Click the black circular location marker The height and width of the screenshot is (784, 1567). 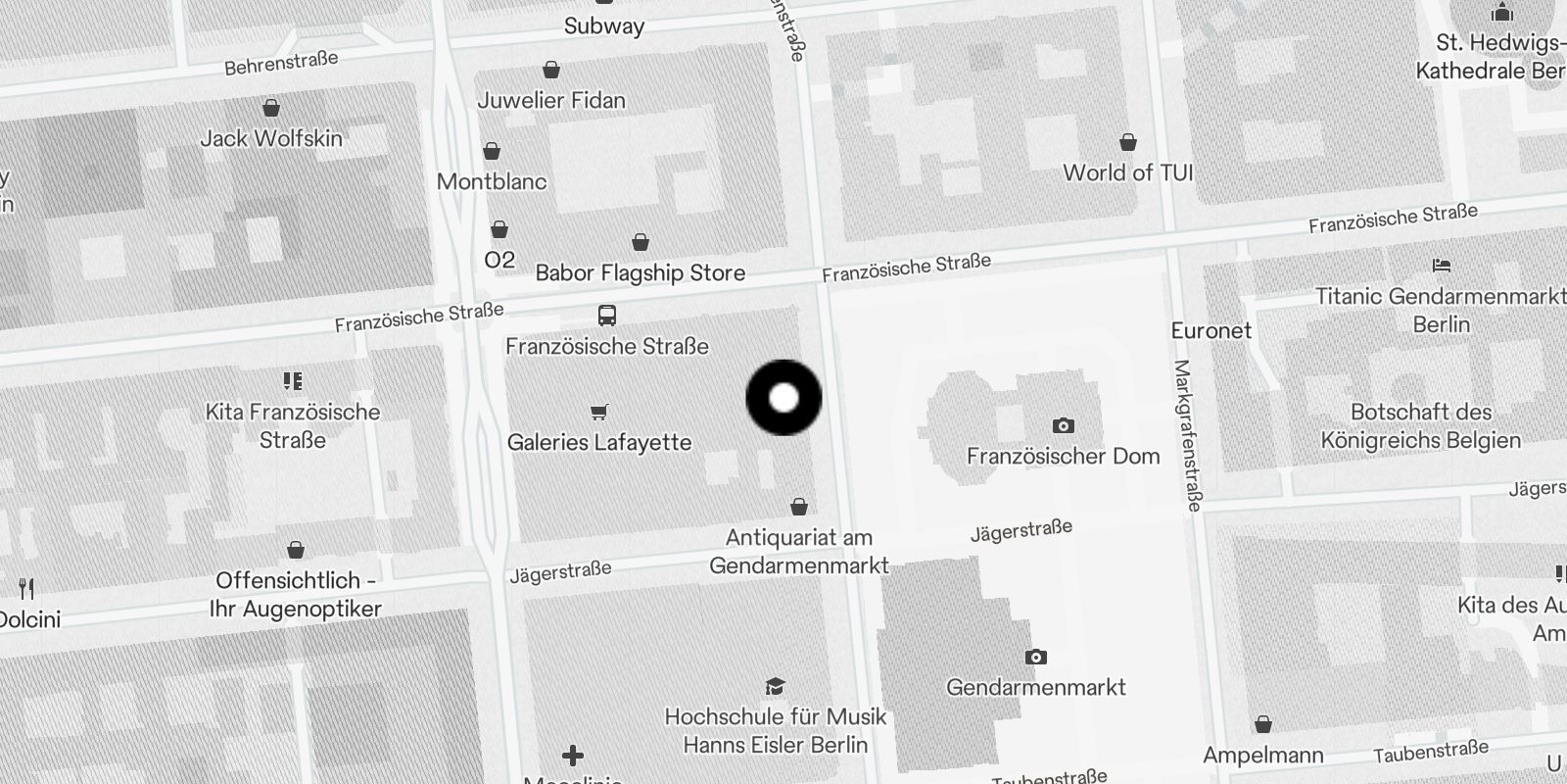[x=783, y=398]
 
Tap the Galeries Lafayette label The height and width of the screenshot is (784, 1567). [x=599, y=443]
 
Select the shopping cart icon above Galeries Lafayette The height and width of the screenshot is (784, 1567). [x=599, y=413]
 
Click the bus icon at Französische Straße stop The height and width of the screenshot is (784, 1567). [x=607, y=316]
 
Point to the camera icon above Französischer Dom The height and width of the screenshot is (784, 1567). [x=1063, y=425]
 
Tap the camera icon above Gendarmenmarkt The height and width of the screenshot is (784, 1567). [x=1035, y=657]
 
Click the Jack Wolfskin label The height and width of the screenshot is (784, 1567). [x=271, y=139]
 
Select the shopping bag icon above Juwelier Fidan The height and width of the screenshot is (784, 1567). [x=551, y=70]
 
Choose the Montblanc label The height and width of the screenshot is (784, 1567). [x=492, y=181]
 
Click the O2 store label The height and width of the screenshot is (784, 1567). [x=499, y=260]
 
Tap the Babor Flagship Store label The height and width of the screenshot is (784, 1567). [x=641, y=273]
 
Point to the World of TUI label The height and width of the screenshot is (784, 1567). [x=1128, y=173]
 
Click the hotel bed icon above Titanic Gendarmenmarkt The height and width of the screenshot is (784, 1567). [x=1441, y=266]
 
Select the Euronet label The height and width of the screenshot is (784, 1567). [x=1211, y=331]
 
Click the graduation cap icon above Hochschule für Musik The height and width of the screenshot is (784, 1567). [x=775, y=686]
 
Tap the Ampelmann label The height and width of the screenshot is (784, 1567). [x=1263, y=756]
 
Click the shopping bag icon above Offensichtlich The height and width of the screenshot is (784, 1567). [x=296, y=550]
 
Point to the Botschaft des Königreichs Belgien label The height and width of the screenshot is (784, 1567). [x=1421, y=426]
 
